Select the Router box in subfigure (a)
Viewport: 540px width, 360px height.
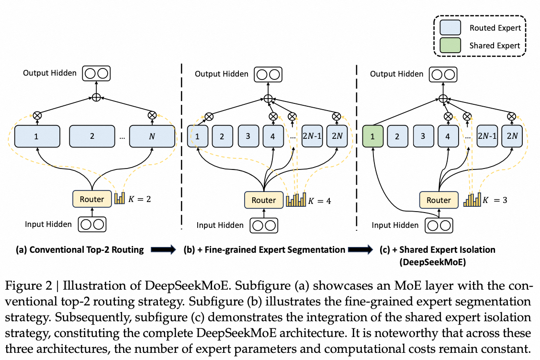tap(92, 199)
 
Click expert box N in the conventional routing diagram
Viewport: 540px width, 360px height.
tap(152, 136)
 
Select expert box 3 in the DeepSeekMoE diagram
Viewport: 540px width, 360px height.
tap(423, 136)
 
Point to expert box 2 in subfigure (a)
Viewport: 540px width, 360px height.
tap(92, 136)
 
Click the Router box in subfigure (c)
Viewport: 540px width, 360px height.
tap(439, 201)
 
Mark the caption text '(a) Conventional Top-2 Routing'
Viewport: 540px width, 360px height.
tap(79, 249)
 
